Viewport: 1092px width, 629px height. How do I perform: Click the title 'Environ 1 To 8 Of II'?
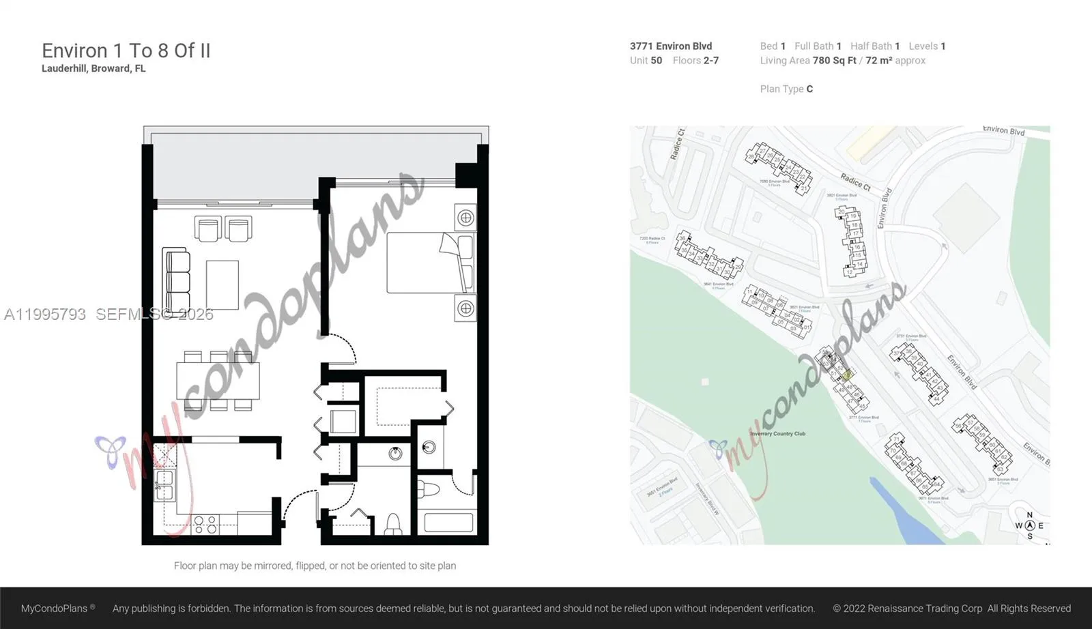[126, 50]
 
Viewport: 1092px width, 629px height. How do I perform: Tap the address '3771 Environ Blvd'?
[671, 46]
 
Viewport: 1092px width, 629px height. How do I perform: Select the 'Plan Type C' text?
[786, 89]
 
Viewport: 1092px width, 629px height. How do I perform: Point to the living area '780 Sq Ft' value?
[834, 60]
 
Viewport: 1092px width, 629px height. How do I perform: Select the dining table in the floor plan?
[218, 381]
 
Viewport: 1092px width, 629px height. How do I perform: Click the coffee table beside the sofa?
[222, 284]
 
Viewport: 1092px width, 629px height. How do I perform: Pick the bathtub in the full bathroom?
[448, 523]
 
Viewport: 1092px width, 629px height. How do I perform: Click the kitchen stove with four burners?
[205, 524]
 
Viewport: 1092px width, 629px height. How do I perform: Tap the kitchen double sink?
[164, 484]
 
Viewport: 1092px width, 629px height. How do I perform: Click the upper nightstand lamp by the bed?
[465, 218]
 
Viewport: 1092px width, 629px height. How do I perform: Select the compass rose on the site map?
[1030, 525]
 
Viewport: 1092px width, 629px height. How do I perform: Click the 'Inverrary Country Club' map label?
[777, 434]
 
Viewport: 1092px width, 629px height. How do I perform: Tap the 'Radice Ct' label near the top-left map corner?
[677, 143]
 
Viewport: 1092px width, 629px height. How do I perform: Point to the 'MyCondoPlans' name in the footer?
[55, 608]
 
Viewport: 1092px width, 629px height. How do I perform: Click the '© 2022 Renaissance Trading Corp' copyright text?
[907, 608]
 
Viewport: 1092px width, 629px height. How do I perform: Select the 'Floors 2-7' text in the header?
[695, 60]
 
